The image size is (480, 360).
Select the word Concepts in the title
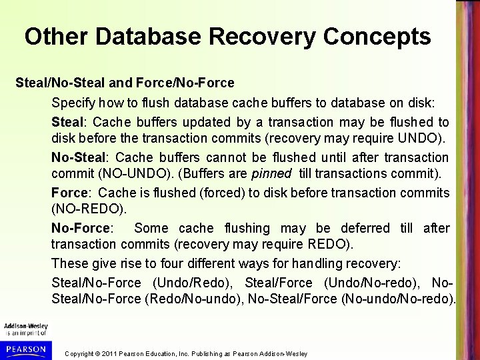[x=379, y=37]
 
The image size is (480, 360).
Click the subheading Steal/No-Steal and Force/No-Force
[x=125, y=83]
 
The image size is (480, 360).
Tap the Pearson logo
[x=25, y=349]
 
